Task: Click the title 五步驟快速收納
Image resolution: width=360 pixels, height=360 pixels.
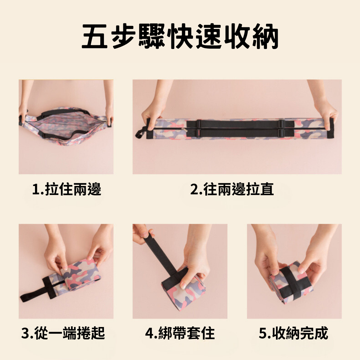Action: point(180,37)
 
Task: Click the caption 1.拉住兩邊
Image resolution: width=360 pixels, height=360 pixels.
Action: point(67,189)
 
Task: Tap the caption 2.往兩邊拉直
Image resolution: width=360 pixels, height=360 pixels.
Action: point(232,189)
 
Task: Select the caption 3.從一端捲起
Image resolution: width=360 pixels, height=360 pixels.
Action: point(63,333)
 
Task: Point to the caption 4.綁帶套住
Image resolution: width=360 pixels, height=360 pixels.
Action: point(180,333)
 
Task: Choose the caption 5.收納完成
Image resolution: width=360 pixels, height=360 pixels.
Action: point(293,333)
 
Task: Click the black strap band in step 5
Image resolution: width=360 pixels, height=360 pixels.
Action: point(292,282)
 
